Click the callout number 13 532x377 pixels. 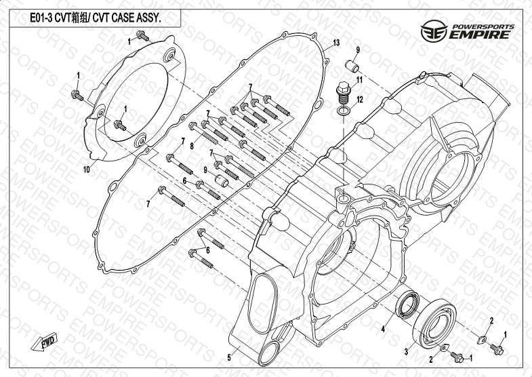click(335, 44)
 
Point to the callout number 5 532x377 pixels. click(229, 357)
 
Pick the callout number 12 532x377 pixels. click(361, 100)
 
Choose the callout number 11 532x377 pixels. click(361, 81)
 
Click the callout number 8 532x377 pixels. click(192, 145)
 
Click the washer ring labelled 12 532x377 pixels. click(344, 110)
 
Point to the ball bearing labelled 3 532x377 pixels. click(434, 324)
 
